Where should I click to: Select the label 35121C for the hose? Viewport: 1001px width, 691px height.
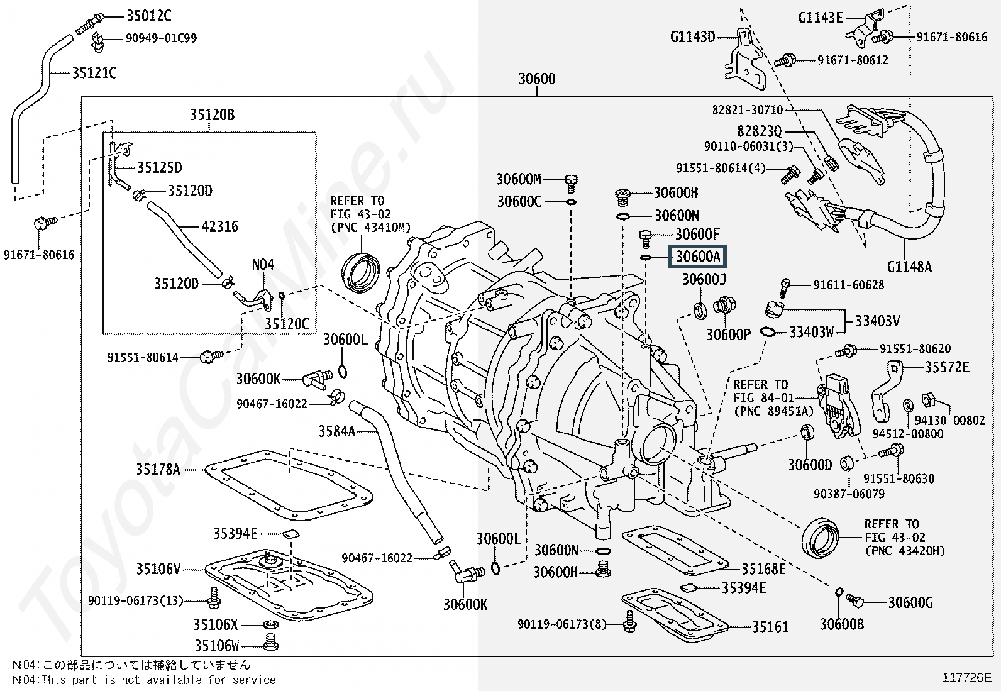(x=94, y=73)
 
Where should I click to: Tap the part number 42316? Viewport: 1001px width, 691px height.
(x=220, y=226)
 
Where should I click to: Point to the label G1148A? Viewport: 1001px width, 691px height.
(x=909, y=267)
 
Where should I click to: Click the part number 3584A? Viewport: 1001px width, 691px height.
(x=336, y=431)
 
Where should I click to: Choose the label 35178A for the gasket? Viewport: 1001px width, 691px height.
(x=158, y=469)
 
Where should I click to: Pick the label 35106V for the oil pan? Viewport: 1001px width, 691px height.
(x=158, y=570)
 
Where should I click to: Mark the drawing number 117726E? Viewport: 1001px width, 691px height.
(x=966, y=677)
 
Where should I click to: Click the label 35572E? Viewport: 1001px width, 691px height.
(x=946, y=367)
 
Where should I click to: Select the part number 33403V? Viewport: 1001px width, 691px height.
(x=877, y=321)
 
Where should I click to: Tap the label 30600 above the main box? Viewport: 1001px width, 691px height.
(x=536, y=79)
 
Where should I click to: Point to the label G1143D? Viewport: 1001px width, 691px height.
(x=692, y=37)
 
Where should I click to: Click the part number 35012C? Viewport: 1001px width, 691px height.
(x=148, y=16)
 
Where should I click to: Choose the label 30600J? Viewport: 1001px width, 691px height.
(x=704, y=279)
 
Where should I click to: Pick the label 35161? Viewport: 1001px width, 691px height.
(x=770, y=626)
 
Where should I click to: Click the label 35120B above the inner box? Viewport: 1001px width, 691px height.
(x=212, y=114)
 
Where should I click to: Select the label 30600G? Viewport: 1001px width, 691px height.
(x=910, y=602)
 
